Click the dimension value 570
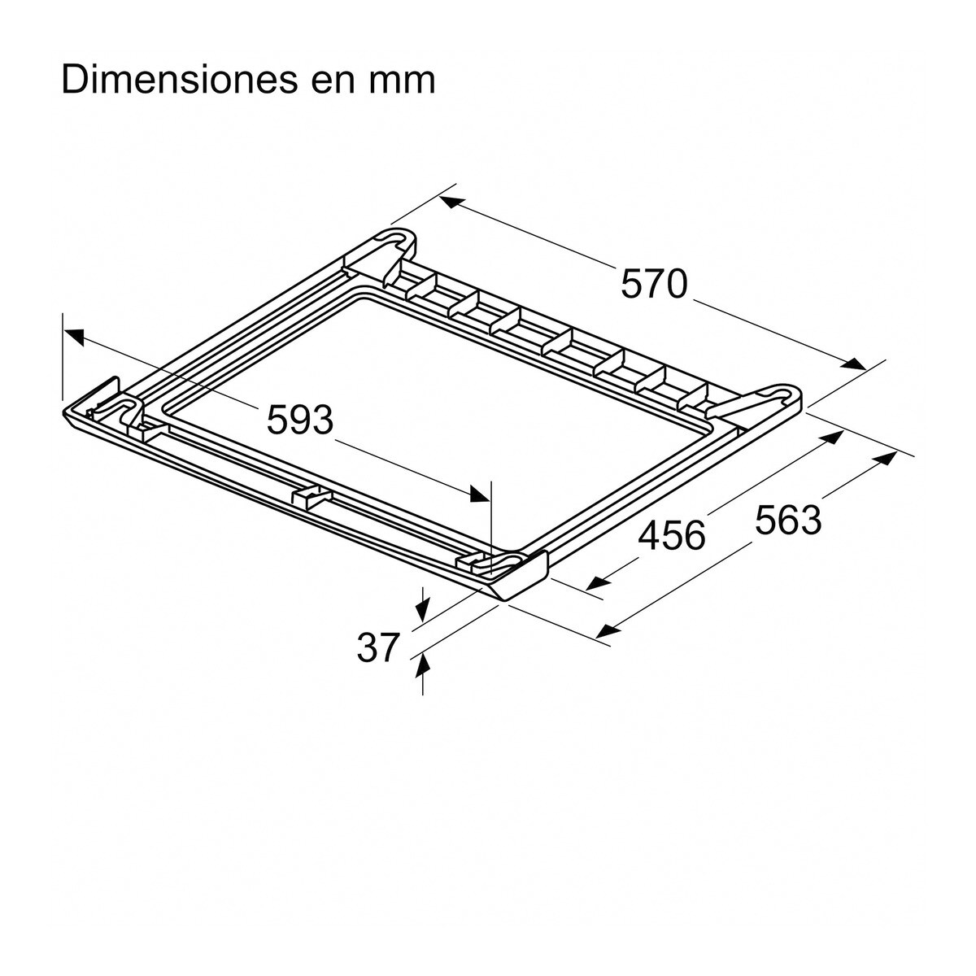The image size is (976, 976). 655,285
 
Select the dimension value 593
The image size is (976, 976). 301,420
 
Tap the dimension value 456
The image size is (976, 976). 672,536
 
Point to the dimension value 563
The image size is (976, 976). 788,520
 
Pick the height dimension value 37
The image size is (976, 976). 379,647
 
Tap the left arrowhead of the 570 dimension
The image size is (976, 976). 451,201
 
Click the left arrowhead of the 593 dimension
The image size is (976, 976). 73,334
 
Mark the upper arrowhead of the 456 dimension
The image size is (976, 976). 833,438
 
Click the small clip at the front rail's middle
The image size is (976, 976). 308,496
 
